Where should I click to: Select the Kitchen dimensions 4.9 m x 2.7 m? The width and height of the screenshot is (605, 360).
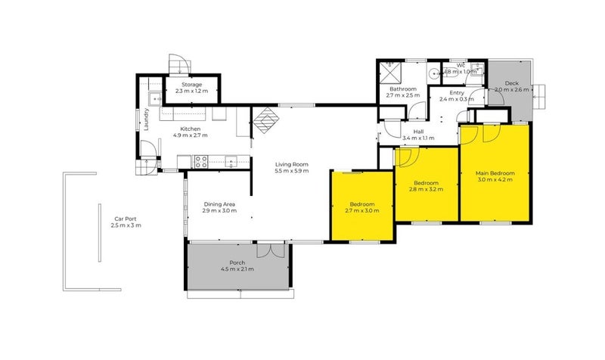[x=190, y=135]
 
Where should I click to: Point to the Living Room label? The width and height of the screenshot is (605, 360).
[x=291, y=163]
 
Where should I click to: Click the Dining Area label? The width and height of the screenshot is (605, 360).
[x=220, y=203]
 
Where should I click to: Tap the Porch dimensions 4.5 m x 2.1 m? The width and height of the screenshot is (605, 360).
[x=237, y=269]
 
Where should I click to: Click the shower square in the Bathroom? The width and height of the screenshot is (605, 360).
[x=389, y=73]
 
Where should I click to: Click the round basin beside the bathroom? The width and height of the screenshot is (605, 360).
[x=431, y=73]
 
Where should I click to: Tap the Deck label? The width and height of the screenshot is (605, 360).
[x=512, y=82]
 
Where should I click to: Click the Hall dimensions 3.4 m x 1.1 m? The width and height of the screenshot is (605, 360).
[x=419, y=138]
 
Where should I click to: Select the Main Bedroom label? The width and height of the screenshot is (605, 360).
[x=495, y=173]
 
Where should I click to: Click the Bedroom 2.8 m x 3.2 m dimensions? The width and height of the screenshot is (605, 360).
[x=426, y=190]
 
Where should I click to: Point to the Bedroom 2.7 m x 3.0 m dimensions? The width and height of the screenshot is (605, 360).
[x=362, y=210]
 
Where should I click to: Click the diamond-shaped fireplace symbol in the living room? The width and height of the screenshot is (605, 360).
[x=265, y=120]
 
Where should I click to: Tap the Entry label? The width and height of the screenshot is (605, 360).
[x=446, y=92]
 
